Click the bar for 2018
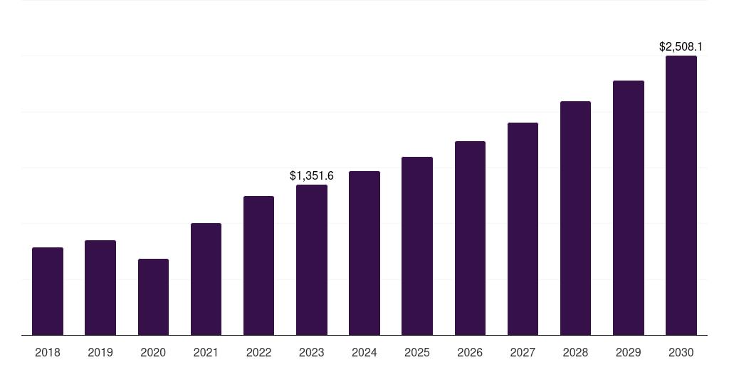point(48,291)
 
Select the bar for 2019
point(100,287)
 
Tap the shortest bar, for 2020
point(153,297)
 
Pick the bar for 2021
point(206,279)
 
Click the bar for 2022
point(258,265)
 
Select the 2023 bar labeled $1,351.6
point(312,259)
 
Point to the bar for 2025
point(417,246)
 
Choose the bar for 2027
point(523,229)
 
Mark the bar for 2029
point(628,207)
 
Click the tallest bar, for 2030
point(681,195)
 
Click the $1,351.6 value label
point(312,175)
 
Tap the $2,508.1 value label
point(681,47)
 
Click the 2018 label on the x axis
point(48,352)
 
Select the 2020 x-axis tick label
point(153,352)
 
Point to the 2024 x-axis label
point(364,352)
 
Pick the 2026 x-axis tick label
point(470,352)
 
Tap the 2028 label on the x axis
point(575,352)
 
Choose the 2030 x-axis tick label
point(681,352)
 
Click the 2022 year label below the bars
point(258,352)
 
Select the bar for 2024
point(364,253)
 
